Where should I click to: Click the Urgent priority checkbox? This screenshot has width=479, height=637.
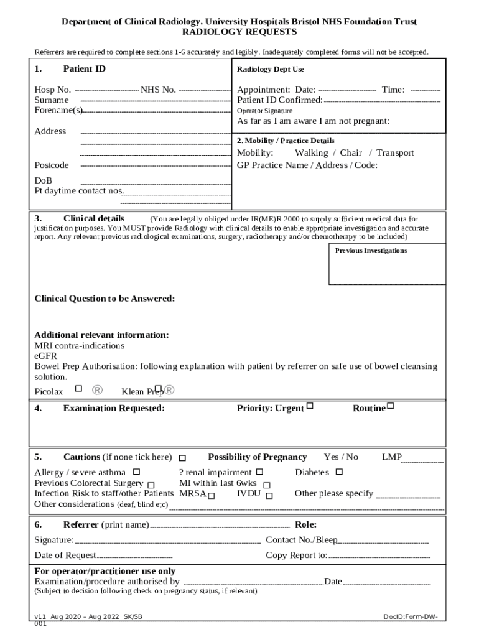click(x=310, y=407)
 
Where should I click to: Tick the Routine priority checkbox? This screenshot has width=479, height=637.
click(x=391, y=407)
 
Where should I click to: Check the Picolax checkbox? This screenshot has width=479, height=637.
click(x=78, y=389)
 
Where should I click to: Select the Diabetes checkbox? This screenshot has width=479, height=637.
click(x=339, y=472)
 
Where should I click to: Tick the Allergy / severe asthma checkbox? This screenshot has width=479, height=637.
click(x=136, y=472)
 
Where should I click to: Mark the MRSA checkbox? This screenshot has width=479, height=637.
click(x=212, y=495)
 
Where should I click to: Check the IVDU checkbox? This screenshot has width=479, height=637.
click(x=269, y=495)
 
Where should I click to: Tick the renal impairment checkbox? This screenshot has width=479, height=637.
click(x=260, y=472)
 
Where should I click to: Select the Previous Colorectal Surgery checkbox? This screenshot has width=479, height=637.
click(x=151, y=485)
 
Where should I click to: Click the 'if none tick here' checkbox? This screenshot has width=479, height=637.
click(x=182, y=458)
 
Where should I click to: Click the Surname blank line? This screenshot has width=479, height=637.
click(x=156, y=101)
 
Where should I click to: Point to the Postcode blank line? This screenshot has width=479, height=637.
click(x=156, y=166)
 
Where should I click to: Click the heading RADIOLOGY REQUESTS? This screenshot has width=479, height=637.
click(x=239, y=32)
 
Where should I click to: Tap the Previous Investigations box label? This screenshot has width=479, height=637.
click(x=371, y=251)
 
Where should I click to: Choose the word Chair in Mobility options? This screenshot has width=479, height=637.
click(x=351, y=153)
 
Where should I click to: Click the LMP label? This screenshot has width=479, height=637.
click(x=392, y=457)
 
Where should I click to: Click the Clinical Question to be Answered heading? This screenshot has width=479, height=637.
click(x=105, y=299)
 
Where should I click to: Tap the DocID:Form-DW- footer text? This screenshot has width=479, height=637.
click(x=410, y=616)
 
